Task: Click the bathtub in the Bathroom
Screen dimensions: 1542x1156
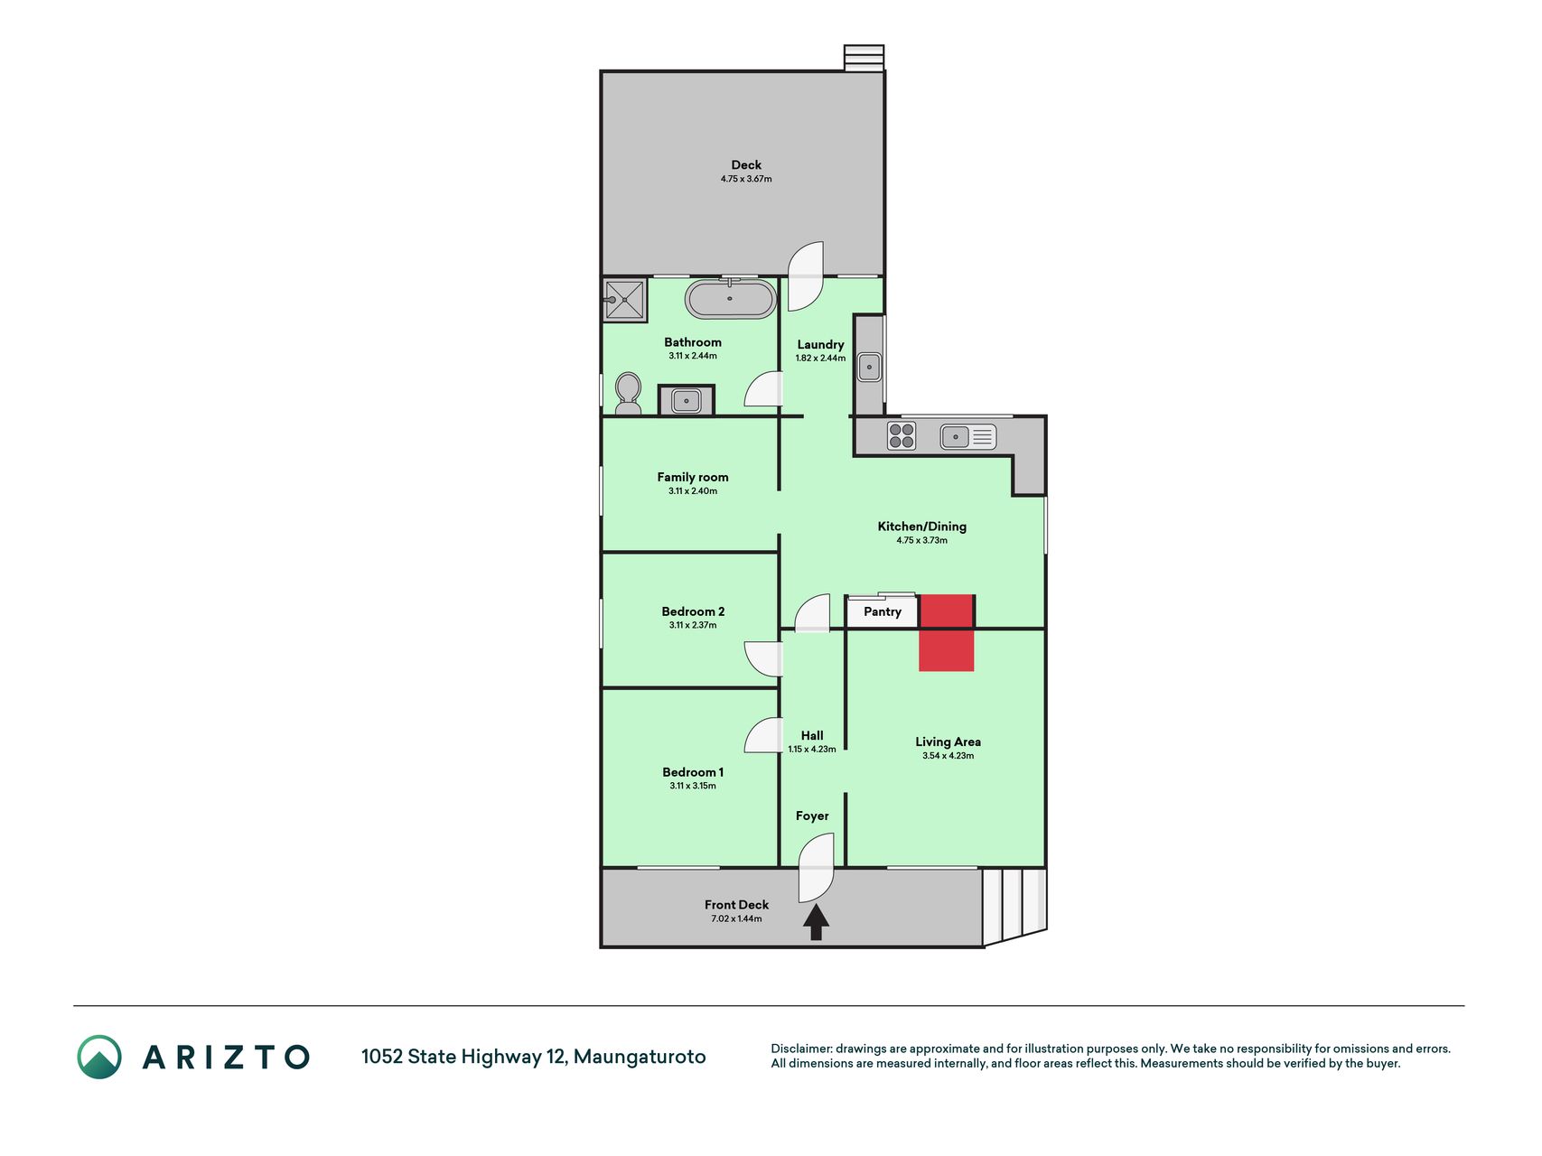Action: click(730, 299)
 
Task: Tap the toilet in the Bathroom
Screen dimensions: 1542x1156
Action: click(628, 394)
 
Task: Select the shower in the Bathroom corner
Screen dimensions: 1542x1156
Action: click(624, 300)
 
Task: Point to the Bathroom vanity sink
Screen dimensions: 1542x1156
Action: click(687, 399)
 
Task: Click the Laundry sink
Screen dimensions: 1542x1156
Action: click(869, 367)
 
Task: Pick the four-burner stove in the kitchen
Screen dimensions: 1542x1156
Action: click(902, 436)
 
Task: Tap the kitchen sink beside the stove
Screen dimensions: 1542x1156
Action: click(967, 437)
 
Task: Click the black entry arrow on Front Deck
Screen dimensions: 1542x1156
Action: click(816, 923)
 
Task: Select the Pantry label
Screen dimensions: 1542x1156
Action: click(883, 612)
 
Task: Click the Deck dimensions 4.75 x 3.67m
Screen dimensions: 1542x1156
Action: click(746, 179)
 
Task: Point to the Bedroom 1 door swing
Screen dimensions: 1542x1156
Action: click(763, 735)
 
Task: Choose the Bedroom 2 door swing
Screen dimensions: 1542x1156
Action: click(763, 658)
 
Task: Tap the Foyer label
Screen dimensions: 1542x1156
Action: click(812, 816)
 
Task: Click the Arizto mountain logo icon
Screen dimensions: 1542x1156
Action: click(99, 1057)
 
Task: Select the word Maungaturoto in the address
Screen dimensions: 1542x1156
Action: click(640, 1057)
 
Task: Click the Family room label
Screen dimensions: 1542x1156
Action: click(693, 477)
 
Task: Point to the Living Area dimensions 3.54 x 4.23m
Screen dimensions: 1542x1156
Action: click(949, 756)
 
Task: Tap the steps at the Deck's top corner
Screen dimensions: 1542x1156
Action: click(864, 58)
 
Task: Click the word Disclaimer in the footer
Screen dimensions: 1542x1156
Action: click(801, 1049)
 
